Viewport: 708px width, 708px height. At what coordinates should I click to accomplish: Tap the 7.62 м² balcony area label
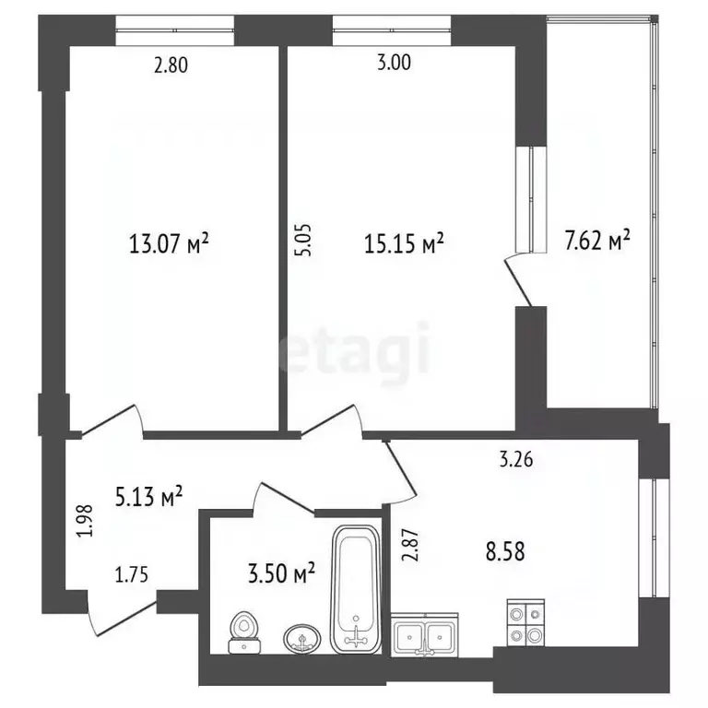click(596, 242)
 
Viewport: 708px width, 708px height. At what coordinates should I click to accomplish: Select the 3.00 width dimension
click(395, 64)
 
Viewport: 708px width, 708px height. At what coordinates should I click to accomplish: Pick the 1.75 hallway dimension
click(132, 576)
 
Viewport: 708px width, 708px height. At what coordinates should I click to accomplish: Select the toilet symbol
click(243, 632)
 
